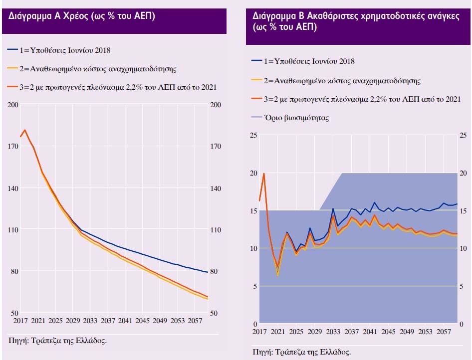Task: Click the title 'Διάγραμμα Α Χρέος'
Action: pos(82,16)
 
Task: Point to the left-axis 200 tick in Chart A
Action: pos(13,105)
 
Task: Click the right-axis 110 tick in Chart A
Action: pos(216,230)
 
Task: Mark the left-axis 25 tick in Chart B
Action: pos(253,135)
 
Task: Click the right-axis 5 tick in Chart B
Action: pos(461,286)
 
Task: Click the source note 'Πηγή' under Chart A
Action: pos(58,341)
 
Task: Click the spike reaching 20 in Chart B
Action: pos(263,174)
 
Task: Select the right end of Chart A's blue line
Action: pos(208,272)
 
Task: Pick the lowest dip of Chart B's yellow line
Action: pos(278,275)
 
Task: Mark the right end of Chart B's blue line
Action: pos(457,204)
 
